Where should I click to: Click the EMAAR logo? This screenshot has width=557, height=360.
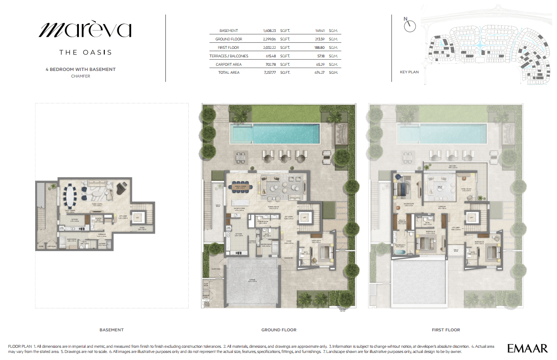(x=527, y=348)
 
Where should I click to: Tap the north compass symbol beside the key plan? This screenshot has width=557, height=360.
(x=410, y=26)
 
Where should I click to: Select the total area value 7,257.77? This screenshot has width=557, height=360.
(x=270, y=72)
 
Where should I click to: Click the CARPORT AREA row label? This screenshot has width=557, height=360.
(x=229, y=64)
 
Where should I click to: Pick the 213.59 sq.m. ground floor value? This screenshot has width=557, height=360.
(x=321, y=39)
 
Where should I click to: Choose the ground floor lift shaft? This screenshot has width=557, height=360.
(x=304, y=218)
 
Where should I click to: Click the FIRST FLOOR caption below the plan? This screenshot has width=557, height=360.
(x=446, y=330)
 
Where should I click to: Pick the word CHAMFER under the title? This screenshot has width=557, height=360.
(x=80, y=76)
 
